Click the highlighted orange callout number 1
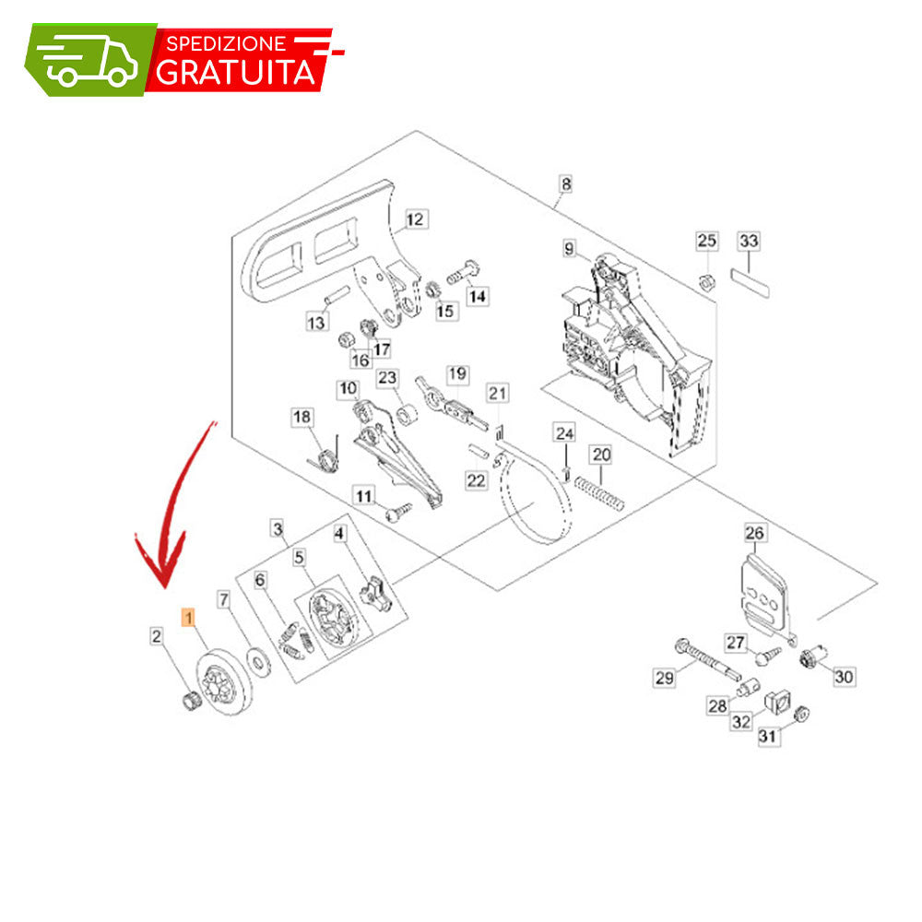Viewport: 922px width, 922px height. tap(189, 618)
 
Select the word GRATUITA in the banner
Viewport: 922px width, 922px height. tap(235, 72)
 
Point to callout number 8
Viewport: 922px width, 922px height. tap(566, 184)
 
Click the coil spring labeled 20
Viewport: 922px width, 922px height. tap(598, 493)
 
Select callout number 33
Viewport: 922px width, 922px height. tap(749, 241)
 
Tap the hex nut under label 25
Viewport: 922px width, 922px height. tap(707, 281)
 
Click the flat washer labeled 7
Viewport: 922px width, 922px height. tap(257, 661)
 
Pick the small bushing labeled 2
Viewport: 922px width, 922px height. tap(190, 701)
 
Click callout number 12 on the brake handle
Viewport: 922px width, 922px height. tap(415, 219)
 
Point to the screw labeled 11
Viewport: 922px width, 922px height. tap(397, 512)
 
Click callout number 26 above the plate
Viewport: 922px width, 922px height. tap(754, 533)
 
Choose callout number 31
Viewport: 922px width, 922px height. tap(768, 736)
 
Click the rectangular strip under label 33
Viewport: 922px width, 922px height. tap(751, 283)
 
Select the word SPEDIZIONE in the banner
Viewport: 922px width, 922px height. tap(226, 43)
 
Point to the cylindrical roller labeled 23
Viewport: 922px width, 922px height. tap(407, 414)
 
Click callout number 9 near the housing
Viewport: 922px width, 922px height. tap(569, 249)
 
